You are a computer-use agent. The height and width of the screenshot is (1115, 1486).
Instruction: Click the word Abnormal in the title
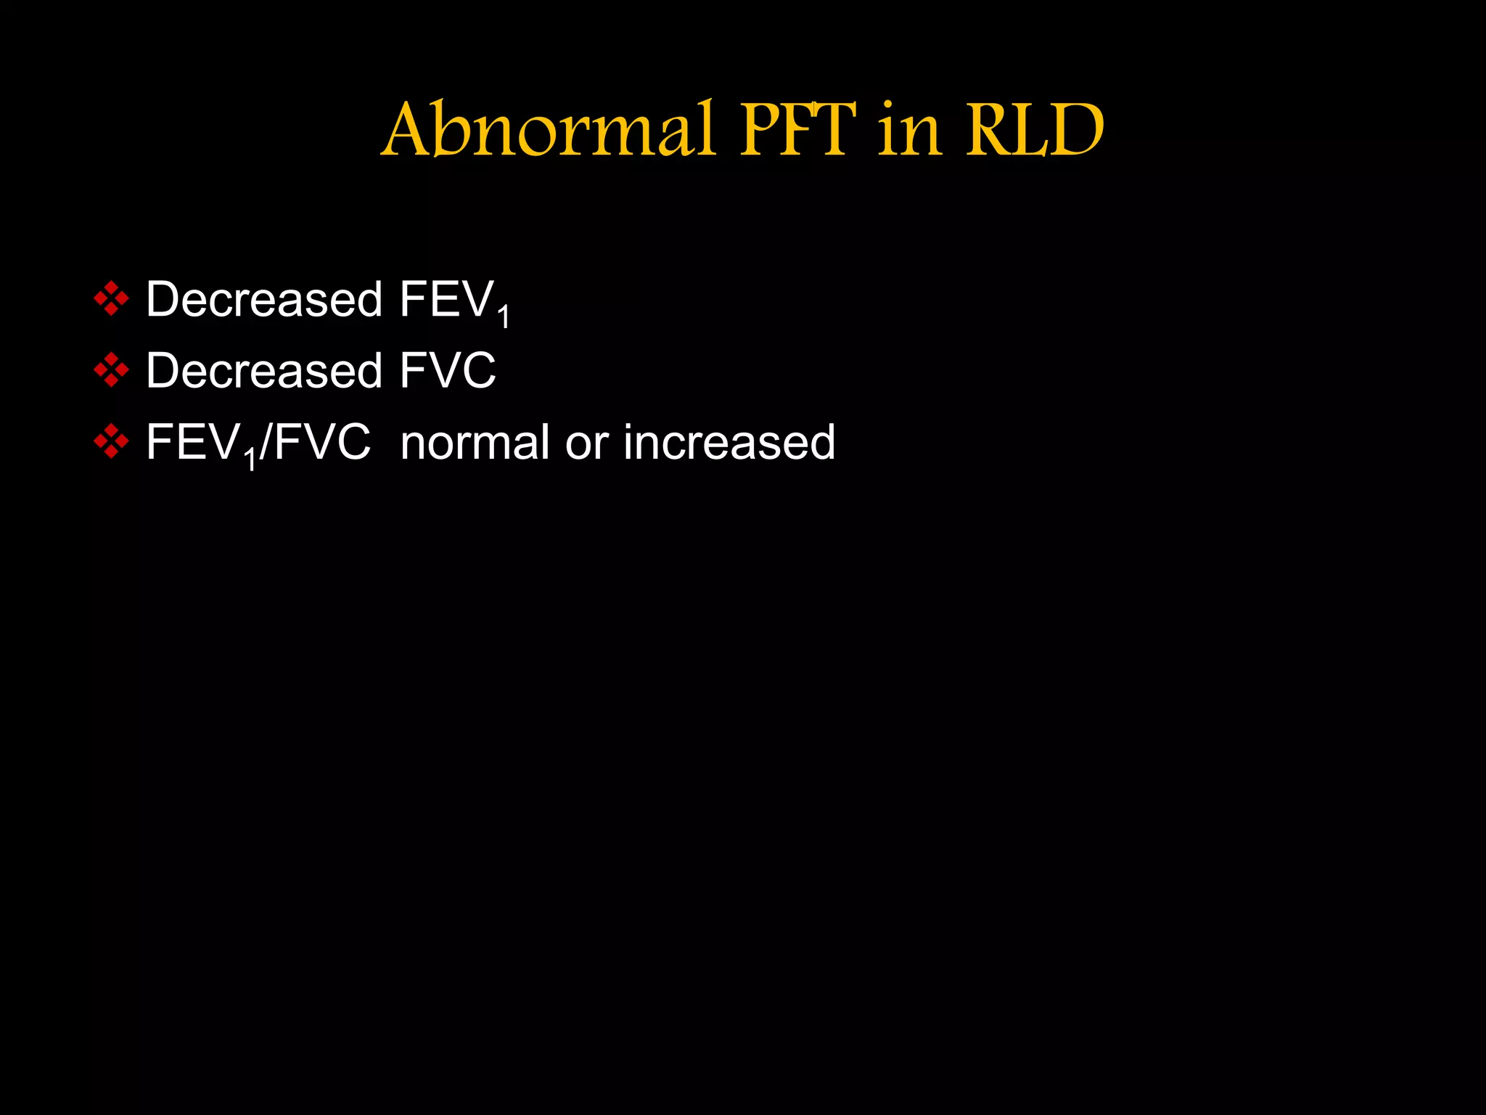click(x=548, y=131)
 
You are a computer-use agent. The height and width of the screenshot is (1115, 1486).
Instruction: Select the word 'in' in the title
click(x=909, y=131)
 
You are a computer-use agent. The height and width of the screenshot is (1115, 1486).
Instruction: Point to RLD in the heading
click(x=1035, y=131)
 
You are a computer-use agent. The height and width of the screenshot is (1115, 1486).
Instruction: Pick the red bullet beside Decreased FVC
click(x=111, y=370)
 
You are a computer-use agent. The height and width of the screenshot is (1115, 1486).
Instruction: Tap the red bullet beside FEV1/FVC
click(x=111, y=441)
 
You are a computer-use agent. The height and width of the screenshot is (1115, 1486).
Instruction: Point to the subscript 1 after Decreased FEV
click(x=504, y=317)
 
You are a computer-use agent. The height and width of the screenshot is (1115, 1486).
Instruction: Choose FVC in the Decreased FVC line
click(x=448, y=370)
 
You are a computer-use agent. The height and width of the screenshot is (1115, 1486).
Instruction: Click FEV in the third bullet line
click(x=193, y=441)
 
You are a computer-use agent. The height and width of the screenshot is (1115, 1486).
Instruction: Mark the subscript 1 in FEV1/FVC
click(x=250, y=460)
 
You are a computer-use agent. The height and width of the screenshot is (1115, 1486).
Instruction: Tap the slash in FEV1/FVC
click(x=266, y=443)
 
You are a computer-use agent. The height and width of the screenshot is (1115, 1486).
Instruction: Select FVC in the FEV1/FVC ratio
click(x=322, y=441)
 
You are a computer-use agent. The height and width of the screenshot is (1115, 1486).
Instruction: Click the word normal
click(x=475, y=441)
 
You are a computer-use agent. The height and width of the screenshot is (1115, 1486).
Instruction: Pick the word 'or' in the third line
click(x=586, y=443)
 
